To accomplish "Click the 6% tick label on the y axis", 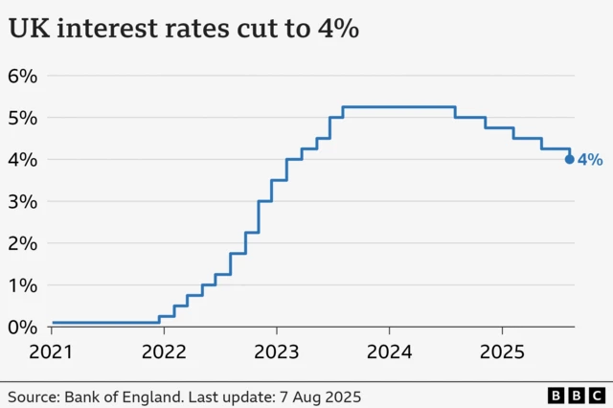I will coord(22,76).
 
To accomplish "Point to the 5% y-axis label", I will coord(22,118).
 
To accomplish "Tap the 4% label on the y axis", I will coord(22,159).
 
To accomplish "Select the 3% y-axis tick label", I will coord(22,201).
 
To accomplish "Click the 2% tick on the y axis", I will coord(22,243).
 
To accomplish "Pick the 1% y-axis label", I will coord(22,285).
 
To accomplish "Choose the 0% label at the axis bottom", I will coord(22,327).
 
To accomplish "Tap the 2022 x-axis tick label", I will coord(164,351).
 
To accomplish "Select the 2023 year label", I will coord(277,351).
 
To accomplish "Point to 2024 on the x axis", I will coord(390,351).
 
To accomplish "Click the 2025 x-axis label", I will coord(503,351).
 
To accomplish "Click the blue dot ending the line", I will coord(570,160).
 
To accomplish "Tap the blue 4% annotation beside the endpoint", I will coord(590,160).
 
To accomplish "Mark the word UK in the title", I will coord(27,29).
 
